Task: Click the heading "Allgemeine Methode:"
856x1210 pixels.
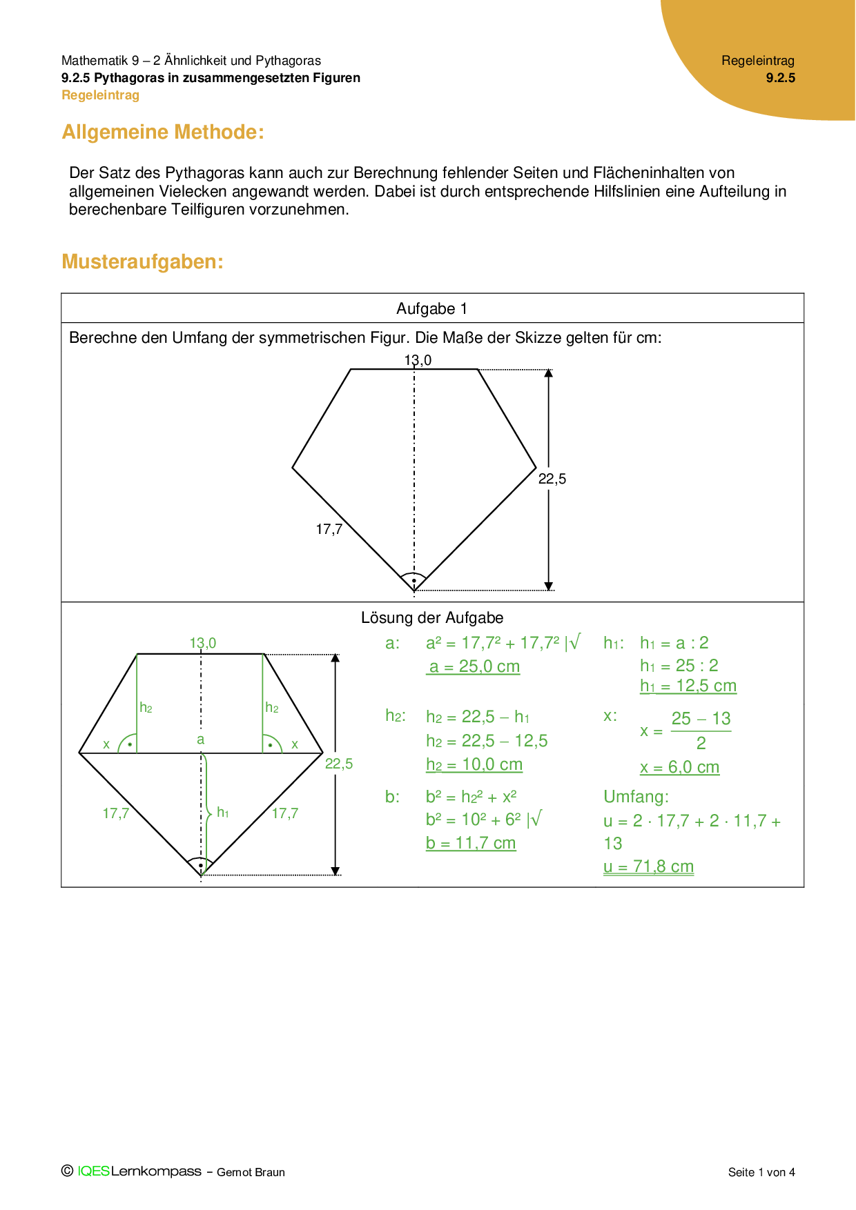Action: tap(163, 132)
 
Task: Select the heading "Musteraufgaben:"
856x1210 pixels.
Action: tap(142, 261)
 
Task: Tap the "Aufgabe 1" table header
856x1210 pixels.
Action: tap(431, 308)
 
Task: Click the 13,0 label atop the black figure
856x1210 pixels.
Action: tap(418, 360)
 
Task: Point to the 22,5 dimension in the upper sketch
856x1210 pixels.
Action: tap(552, 479)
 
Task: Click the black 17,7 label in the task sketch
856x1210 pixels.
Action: tap(329, 529)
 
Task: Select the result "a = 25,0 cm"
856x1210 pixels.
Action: tap(474, 666)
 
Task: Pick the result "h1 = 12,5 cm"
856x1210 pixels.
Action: tap(688, 686)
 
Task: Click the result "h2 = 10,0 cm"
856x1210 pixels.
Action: tap(474, 764)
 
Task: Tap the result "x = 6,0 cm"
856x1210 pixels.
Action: tap(680, 767)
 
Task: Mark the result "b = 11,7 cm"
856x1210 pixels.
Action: tap(471, 843)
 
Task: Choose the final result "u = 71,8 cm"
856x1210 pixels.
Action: tap(649, 866)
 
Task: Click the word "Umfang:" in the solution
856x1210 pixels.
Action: tap(636, 797)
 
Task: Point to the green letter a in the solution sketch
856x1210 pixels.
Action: tap(201, 739)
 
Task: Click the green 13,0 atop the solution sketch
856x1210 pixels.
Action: tap(203, 643)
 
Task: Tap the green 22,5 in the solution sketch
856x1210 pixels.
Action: tap(339, 764)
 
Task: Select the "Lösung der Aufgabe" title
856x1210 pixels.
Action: tap(432, 617)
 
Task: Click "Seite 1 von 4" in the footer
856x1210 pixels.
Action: tap(761, 1172)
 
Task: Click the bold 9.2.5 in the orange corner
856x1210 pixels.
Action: tap(781, 78)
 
